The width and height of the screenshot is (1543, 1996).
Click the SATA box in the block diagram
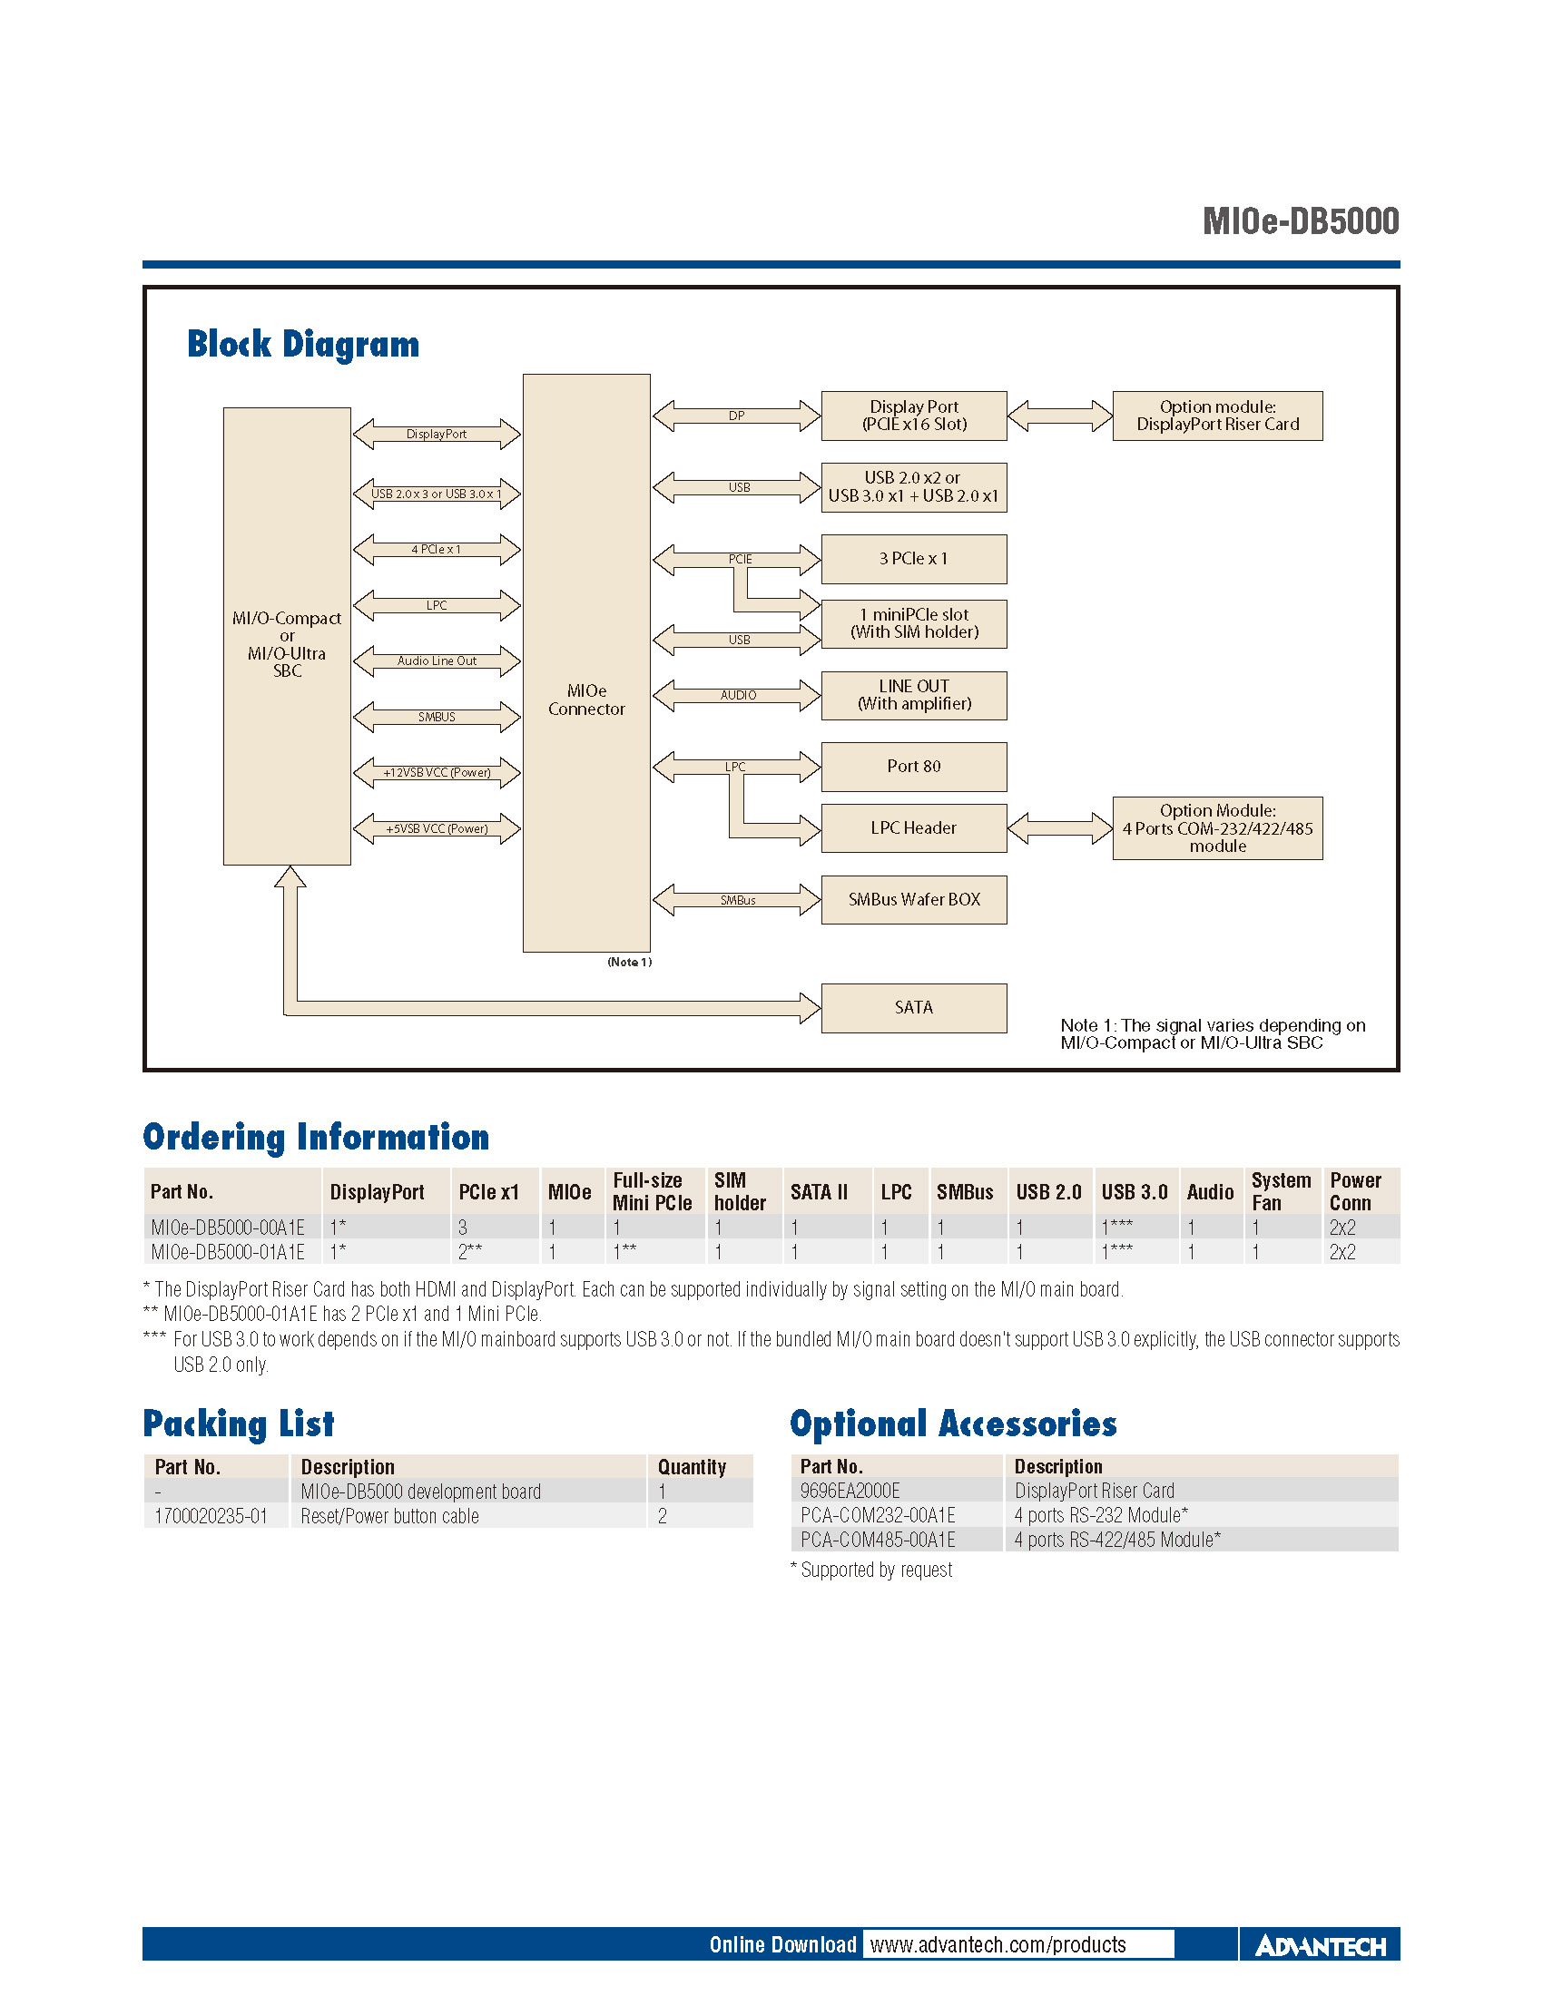tap(913, 1008)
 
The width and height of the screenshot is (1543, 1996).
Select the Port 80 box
tap(913, 767)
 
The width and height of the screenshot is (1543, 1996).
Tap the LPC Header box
tap(913, 828)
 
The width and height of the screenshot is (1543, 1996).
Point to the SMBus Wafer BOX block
tap(913, 900)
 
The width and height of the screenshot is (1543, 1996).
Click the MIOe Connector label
tap(586, 700)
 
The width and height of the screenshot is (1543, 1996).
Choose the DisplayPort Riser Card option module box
tap(1216, 416)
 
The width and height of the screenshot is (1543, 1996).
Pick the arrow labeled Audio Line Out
tap(436, 660)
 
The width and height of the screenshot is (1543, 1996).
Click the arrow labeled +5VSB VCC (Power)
tap(436, 829)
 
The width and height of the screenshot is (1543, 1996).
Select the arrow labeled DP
tap(736, 416)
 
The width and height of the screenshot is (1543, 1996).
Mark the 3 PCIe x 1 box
tap(913, 559)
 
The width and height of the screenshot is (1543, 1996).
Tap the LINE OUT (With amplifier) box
tap(913, 696)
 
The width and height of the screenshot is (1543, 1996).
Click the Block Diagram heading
tap(302, 345)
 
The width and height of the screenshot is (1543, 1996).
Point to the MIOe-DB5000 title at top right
tap(1300, 222)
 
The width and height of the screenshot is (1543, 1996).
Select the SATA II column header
tap(819, 1192)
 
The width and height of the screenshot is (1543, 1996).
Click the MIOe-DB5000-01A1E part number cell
tap(228, 1252)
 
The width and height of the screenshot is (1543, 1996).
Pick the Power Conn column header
tap(1355, 1192)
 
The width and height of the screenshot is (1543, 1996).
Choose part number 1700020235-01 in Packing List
tap(211, 1516)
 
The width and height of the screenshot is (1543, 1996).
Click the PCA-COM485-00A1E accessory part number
tap(878, 1540)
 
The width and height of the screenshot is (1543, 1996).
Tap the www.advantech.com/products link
tap(998, 1944)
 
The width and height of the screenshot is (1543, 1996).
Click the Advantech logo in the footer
tap(1320, 1946)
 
